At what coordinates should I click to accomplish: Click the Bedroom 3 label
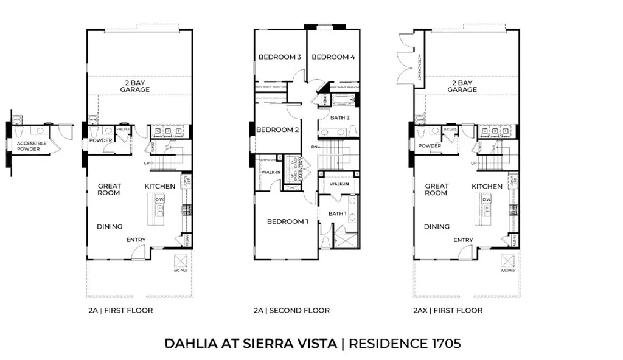pyautogui.click(x=280, y=57)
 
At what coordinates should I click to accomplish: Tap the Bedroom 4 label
pyautogui.click(x=333, y=57)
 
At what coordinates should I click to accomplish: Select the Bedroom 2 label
pyautogui.click(x=277, y=130)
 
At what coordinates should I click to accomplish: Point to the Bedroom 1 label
pyautogui.click(x=288, y=221)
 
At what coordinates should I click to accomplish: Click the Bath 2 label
pyautogui.click(x=339, y=117)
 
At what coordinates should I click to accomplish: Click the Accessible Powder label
pyautogui.click(x=23, y=147)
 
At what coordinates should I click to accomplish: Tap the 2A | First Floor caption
pyautogui.click(x=120, y=310)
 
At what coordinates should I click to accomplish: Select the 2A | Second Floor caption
pyautogui.click(x=291, y=310)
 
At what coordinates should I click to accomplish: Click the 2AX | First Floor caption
pyautogui.click(x=447, y=310)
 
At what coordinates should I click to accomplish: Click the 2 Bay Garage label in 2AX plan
pyautogui.click(x=462, y=86)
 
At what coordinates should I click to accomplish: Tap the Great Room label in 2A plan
pyautogui.click(x=110, y=189)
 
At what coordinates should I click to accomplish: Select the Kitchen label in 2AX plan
pyautogui.click(x=487, y=187)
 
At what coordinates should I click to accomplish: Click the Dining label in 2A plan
pyautogui.click(x=111, y=227)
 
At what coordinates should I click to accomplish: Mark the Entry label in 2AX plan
pyautogui.click(x=463, y=240)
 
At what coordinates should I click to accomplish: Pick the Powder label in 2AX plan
pyautogui.click(x=430, y=146)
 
